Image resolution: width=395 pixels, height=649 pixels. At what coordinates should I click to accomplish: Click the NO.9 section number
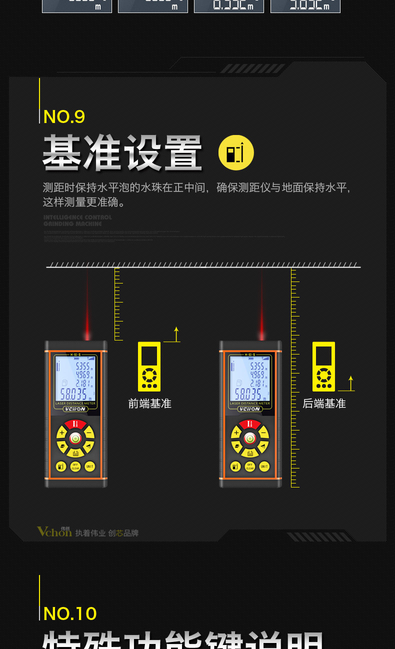64,116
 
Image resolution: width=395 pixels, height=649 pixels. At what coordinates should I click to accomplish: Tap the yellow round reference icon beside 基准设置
236,152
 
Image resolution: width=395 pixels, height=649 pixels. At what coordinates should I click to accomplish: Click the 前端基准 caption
149,403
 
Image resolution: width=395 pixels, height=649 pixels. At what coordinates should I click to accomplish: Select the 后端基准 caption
324,403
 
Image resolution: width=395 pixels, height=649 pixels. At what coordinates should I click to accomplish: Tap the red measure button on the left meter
75,424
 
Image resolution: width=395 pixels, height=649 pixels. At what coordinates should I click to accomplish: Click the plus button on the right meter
236,433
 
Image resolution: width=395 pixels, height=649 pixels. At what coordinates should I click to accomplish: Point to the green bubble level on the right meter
250,438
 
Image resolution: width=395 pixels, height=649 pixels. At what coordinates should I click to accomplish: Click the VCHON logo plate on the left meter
75,409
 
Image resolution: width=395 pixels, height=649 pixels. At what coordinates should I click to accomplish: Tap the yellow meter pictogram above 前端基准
149,366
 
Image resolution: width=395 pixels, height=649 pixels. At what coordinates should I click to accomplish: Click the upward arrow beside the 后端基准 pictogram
351,383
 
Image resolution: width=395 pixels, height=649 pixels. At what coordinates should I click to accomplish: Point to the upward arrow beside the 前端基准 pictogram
176,334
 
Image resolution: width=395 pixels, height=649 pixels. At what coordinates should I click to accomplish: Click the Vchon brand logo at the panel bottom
54,531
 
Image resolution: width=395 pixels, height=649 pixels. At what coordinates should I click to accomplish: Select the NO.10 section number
70,613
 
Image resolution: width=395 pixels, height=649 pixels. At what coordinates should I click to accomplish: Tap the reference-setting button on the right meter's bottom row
235,466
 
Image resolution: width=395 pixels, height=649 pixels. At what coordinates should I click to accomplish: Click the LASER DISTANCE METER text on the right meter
250,403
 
